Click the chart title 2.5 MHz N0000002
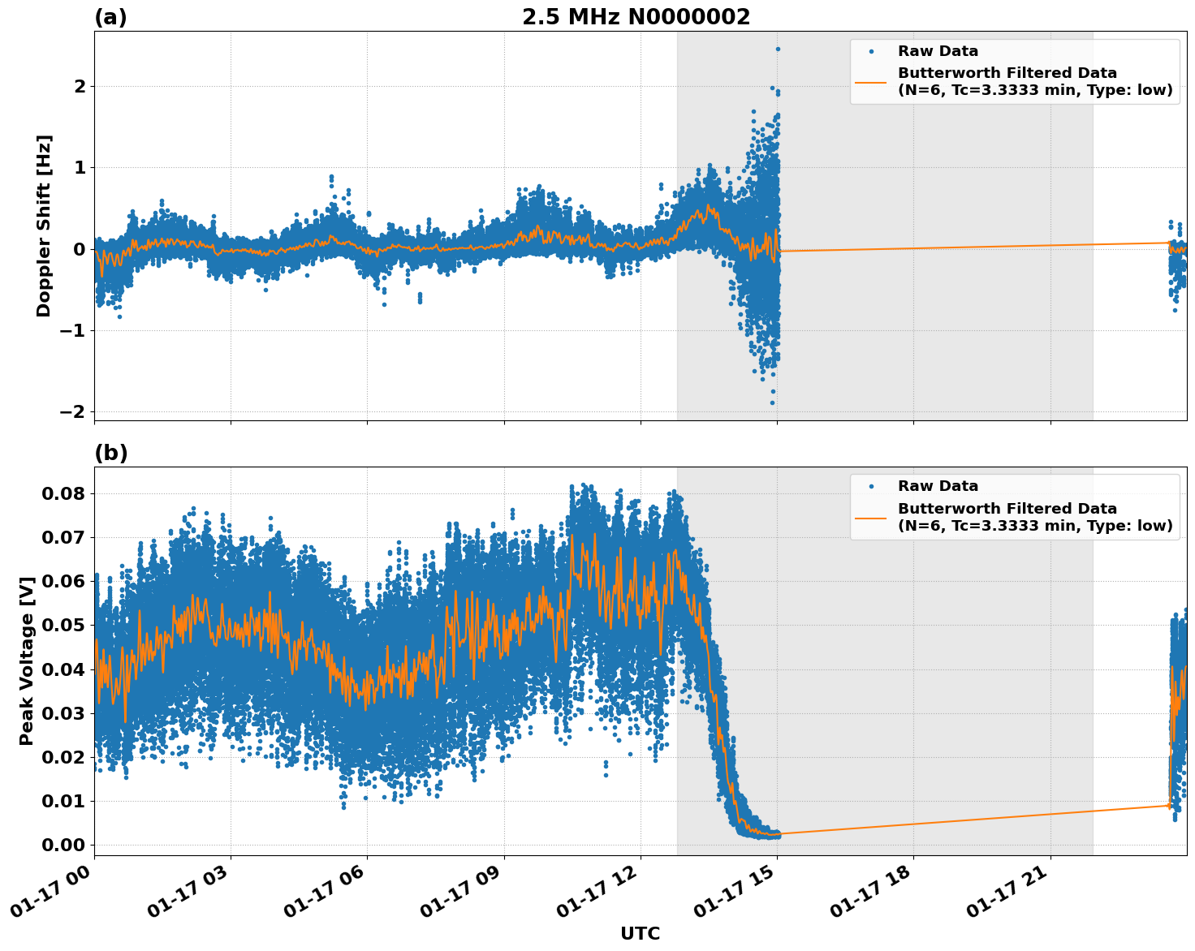pos(636,17)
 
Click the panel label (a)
pos(110,17)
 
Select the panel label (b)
pos(110,453)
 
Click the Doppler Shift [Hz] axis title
pos(44,226)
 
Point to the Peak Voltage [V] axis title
pos(27,661)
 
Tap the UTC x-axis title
pos(640,933)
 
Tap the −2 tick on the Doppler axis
pos(73,411)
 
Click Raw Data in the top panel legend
pos(938,51)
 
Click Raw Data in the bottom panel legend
pos(938,486)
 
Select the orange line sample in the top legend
pos(871,81)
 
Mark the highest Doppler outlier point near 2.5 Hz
pos(778,49)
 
